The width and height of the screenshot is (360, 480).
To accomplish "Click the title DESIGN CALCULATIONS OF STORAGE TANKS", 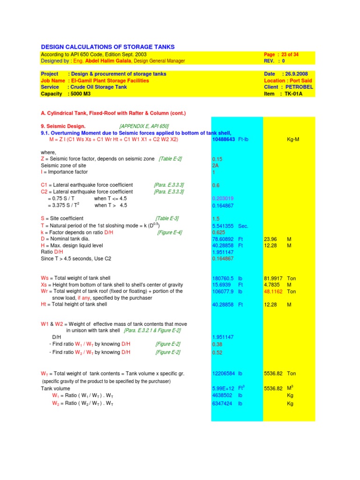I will (108, 47).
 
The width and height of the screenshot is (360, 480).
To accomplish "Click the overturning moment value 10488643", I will (224, 140).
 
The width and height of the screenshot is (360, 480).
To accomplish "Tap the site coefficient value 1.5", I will (216, 219).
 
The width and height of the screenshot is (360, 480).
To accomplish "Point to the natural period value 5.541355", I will (223, 225).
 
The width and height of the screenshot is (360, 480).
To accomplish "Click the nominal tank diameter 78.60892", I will (223, 239).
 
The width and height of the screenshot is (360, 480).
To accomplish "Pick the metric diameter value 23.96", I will (270, 239).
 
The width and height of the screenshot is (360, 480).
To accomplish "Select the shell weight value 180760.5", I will (223, 278).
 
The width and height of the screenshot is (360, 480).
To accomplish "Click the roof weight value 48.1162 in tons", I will (275, 291).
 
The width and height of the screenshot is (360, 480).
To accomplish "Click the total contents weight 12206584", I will (224, 374).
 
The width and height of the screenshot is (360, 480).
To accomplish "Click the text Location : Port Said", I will (288, 81).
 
